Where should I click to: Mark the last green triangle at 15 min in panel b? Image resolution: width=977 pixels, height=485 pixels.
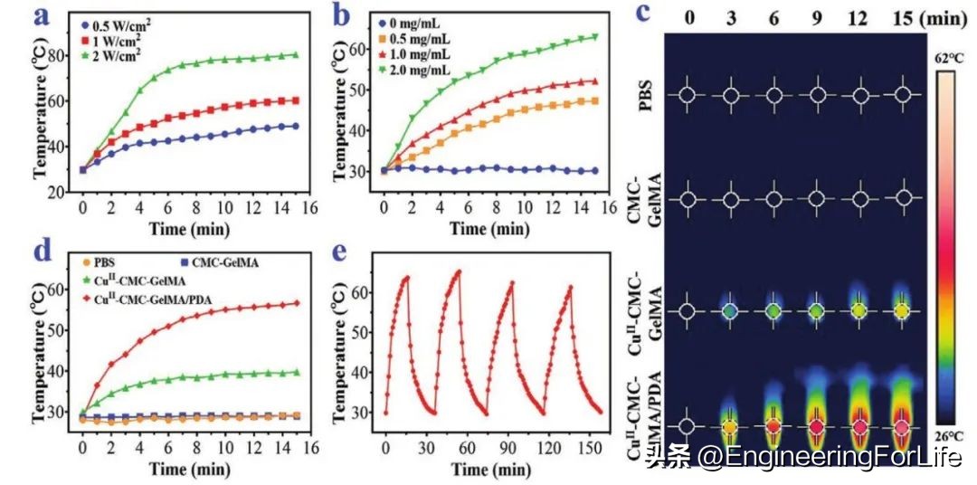(594, 37)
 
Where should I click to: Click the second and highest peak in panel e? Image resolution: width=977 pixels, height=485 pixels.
(459, 271)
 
